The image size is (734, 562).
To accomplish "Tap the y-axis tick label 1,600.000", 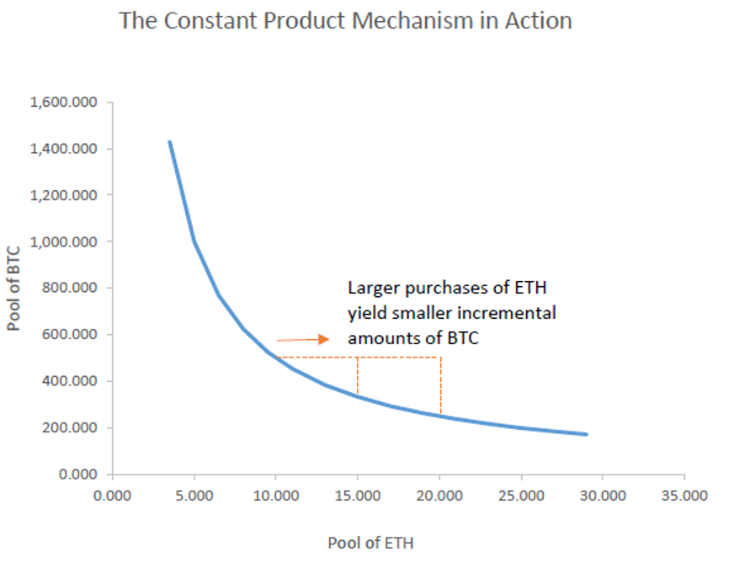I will (64, 103).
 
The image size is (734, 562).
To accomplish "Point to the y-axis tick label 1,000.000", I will (64, 242).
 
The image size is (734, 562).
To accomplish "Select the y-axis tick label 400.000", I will (70, 382).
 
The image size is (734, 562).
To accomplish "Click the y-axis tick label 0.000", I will (78, 475).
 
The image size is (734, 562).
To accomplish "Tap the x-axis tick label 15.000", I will (357, 496).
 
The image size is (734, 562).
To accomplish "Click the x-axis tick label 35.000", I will (683, 496).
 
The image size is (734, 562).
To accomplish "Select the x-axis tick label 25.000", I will (520, 496).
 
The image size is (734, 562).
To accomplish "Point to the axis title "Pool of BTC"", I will (14, 289).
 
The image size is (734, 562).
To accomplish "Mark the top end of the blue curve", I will (169, 142).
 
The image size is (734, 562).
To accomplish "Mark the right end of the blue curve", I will (586, 434).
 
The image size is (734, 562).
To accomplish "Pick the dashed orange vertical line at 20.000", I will (440, 386).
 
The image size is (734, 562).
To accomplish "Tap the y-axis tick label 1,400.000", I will (64, 149).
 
